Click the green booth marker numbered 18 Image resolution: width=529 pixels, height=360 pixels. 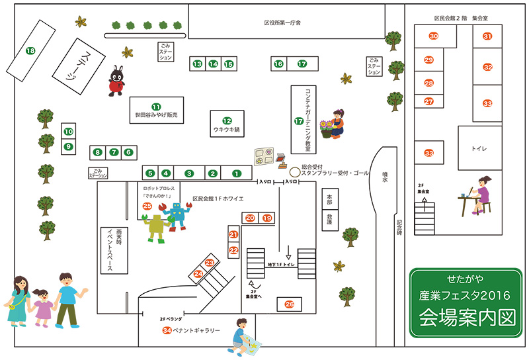coord(30,50)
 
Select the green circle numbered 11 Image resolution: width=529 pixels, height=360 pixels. coord(156,107)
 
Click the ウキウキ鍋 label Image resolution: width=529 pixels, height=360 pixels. coord(227,130)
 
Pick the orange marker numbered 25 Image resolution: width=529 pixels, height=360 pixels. coord(147,206)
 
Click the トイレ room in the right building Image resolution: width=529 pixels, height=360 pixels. coord(479,150)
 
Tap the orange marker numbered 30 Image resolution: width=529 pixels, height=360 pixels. coord(434,36)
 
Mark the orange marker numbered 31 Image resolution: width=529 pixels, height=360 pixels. coord(487,36)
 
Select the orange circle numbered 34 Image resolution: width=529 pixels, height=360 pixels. coord(167,330)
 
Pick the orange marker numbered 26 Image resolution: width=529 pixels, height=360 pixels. coord(289,304)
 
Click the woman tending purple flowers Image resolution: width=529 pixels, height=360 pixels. coord(337,124)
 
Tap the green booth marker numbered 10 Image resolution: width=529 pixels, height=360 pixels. coord(68,132)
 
